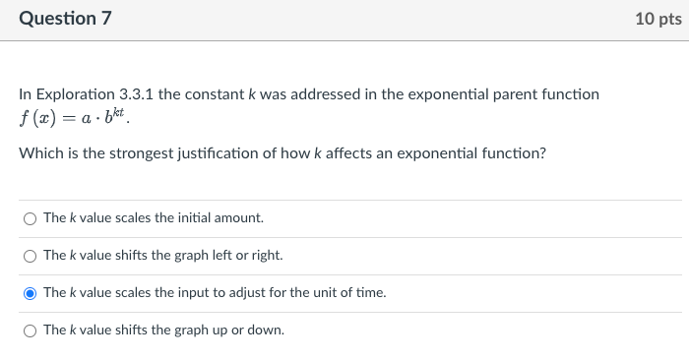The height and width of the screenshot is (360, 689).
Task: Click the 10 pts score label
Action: (658, 19)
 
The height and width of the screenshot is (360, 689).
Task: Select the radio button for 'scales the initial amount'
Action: (31, 218)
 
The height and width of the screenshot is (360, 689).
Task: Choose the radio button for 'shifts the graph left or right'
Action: (31, 256)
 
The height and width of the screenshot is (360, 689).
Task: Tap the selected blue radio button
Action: (31, 293)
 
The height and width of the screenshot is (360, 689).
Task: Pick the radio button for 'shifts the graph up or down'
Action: (31, 330)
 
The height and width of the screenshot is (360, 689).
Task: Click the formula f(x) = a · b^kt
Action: (74, 119)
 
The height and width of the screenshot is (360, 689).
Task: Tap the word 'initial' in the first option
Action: (196, 218)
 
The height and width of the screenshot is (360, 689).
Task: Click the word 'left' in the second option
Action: (222, 256)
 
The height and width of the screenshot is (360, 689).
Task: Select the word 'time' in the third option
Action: (370, 293)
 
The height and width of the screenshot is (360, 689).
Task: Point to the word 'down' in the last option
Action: (267, 330)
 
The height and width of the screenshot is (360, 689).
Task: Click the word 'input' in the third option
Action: (191, 293)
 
